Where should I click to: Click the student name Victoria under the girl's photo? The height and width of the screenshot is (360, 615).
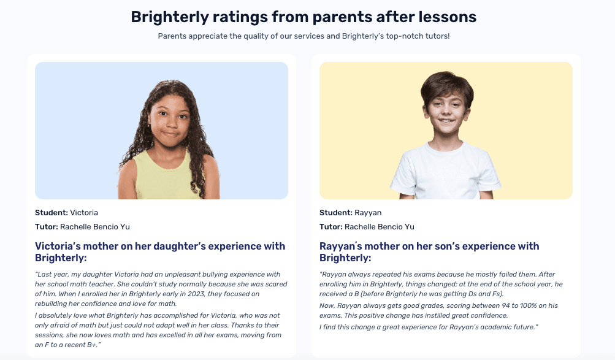tap(84, 213)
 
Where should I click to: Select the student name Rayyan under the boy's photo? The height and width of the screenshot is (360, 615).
tap(368, 213)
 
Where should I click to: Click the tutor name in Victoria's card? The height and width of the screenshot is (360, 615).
tap(95, 227)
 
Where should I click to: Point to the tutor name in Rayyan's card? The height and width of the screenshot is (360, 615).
tap(380, 227)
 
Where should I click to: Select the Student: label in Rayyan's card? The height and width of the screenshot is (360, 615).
tap(335, 213)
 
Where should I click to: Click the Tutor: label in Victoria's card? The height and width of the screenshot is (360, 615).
tap(47, 227)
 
